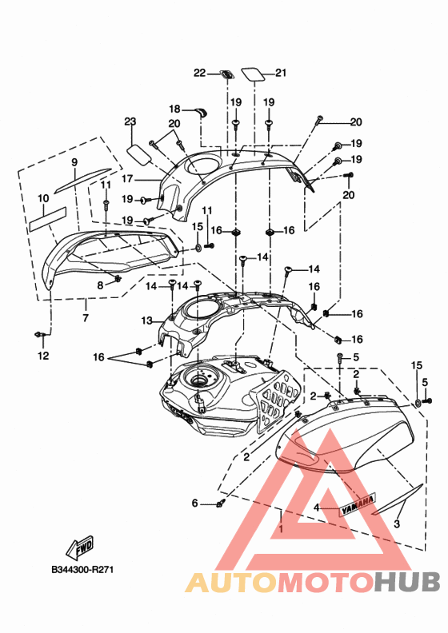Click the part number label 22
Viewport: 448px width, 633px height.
pos(199,73)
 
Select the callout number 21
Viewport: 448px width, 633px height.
pos(281,73)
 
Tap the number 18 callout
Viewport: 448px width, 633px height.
pos(174,109)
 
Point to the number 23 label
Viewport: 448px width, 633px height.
pos(130,121)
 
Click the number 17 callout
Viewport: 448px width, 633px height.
pos(127,178)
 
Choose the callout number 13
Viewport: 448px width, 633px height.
pos(146,321)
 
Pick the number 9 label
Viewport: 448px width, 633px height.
pos(74,162)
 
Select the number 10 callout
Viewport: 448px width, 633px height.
pos(43,198)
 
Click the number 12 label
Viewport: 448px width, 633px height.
pos(43,356)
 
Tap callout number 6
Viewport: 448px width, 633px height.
pos(194,503)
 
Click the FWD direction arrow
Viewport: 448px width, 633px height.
pos(79,547)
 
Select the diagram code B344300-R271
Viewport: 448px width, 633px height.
pos(83,570)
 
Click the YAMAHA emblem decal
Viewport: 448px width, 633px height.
pos(357,504)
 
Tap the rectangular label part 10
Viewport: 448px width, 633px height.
pos(47,219)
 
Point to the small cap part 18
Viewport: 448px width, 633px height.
pos(201,112)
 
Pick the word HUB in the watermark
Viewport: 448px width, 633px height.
pos(406,583)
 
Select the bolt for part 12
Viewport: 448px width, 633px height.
pos(39,334)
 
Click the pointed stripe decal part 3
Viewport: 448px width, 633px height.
pos(398,500)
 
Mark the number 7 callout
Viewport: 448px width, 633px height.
pos(86,318)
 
